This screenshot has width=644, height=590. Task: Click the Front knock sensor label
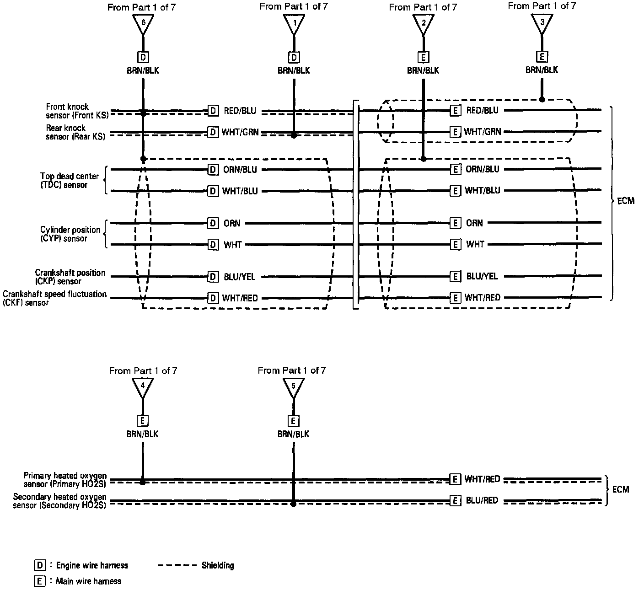(77, 111)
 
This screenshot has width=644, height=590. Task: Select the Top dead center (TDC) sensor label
(63, 180)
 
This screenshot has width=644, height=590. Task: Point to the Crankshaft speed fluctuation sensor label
(54, 298)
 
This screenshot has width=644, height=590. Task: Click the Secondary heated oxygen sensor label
(59, 501)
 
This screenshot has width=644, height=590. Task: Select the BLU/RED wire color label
(482, 501)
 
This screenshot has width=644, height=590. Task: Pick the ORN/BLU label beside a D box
(240, 170)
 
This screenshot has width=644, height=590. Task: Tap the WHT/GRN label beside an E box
(483, 132)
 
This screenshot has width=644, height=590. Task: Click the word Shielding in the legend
(218, 565)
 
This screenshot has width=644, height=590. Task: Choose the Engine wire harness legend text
(92, 566)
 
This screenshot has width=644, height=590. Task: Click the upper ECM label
(626, 201)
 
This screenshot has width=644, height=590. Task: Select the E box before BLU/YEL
(455, 276)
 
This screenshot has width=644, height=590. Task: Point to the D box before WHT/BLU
(213, 191)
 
